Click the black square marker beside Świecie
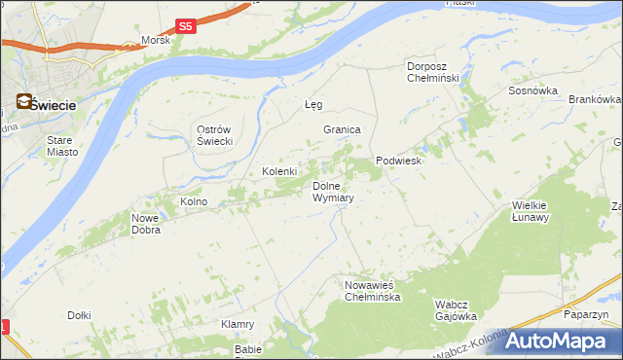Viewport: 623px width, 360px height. pos(21,100)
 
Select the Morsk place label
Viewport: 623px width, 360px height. pos(156,41)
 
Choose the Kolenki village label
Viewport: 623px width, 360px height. pos(279,172)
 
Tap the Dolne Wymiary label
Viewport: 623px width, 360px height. pos(333,192)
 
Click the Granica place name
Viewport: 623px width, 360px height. pos(343,129)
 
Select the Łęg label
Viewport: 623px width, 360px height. pos(312,104)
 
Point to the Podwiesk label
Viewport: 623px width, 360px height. pos(398,162)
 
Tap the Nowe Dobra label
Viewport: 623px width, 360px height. pos(146,224)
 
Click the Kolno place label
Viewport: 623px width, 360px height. pos(194,202)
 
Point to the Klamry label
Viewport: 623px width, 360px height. pos(238,324)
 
